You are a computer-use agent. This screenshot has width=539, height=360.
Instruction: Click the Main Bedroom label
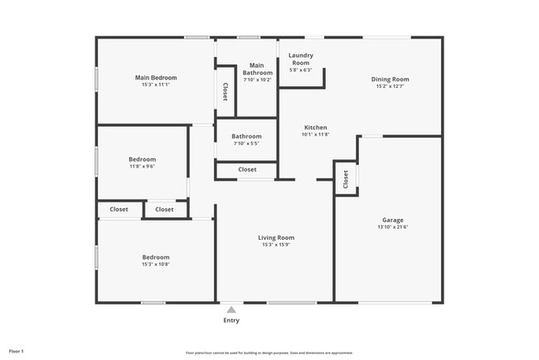pyautogui.click(x=156, y=78)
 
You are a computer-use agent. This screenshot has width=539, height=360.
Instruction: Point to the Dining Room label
pyautogui.click(x=390, y=80)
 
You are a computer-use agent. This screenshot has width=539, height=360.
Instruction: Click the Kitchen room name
pyautogui.click(x=315, y=127)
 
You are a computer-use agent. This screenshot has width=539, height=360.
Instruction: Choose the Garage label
pyautogui.click(x=393, y=220)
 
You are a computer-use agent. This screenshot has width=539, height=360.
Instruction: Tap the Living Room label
pyautogui.click(x=278, y=237)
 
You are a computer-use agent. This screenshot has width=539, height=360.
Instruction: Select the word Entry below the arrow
pyautogui.click(x=231, y=321)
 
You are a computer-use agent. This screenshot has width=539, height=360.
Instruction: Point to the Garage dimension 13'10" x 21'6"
pyautogui.click(x=393, y=227)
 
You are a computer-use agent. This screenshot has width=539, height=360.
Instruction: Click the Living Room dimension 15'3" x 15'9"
pyautogui.click(x=278, y=245)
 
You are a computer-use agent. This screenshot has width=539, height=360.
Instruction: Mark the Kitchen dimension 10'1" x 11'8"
pyautogui.click(x=315, y=134)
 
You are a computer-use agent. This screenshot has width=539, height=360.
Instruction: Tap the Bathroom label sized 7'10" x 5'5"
pyautogui.click(x=246, y=137)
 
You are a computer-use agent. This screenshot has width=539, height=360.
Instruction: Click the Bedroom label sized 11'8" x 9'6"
pyautogui.click(x=142, y=158)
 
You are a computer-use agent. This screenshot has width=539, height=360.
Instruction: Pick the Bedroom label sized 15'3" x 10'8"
pyautogui.click(x=156, y=257)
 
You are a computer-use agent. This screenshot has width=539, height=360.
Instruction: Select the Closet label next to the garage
pyautogui.click(x=346, y=178)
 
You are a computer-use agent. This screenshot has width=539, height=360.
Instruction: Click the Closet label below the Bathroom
pyautogui.click(x=247, y=169)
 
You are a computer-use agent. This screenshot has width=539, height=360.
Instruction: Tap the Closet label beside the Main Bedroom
pyautogui.click(x=226, y=91)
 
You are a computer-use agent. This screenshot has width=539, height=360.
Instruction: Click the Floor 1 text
pyautogui.click(x=17, y=351)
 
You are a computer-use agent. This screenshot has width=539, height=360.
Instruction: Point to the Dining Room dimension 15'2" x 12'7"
pyautogui.click(x=390, y=87)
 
